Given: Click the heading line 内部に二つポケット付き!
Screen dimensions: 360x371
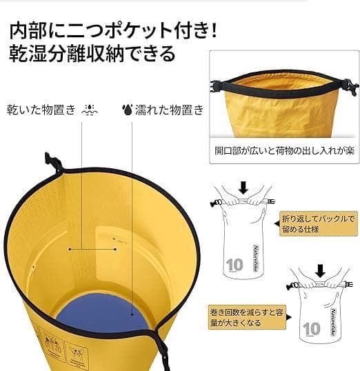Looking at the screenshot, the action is [x=113, y=31].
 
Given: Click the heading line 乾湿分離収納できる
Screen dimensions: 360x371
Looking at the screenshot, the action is [x=92, y=54].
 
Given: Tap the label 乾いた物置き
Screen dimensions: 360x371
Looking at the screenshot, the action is [x=41, y=110].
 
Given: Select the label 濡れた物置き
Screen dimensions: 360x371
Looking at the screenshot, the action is [x=169, y=110].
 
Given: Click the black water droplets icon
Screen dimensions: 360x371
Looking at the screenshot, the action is [x=127, y=110].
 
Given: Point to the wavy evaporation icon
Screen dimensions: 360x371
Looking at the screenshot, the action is [x=90, y=110].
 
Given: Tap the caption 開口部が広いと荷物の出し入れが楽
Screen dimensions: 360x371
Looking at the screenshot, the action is [x=284, y=151].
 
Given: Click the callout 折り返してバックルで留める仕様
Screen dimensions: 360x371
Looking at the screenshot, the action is [x=318, y=223].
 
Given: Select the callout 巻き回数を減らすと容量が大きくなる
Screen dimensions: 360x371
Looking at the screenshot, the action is [x=247, y=317].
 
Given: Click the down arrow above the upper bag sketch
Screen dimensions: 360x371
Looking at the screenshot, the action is [x=243, y=188].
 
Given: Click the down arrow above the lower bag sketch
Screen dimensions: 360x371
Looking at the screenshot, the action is [x=320, y=271].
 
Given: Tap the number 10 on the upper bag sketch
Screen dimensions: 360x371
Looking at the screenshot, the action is [x=234, y=265].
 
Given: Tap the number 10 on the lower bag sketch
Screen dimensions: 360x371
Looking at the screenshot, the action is [x=312, y=329].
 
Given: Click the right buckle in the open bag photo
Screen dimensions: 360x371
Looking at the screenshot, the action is [x=350, y=87].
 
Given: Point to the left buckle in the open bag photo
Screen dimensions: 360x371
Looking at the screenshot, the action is [x=216, y=87].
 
